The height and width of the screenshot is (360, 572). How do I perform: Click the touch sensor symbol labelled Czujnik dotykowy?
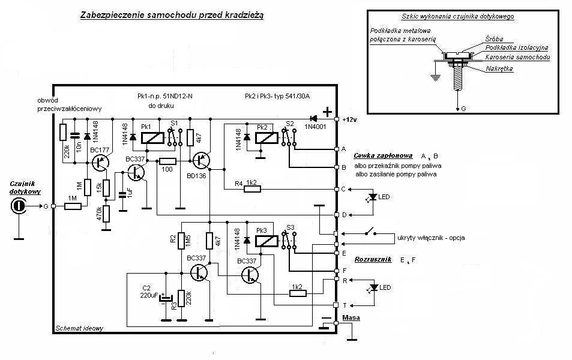17,206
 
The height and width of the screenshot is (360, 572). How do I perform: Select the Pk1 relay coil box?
152,138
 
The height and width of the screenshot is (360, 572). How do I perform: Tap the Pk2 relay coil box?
266,138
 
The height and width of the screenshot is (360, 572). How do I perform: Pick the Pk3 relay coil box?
266,241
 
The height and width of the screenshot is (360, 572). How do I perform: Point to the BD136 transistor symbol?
201,160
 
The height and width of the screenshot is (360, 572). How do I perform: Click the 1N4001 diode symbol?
313,119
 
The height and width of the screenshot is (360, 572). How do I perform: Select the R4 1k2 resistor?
252,189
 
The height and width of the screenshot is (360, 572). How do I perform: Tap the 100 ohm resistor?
168,161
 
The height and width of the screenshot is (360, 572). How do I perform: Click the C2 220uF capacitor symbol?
166,298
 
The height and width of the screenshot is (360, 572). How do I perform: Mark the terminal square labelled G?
53,206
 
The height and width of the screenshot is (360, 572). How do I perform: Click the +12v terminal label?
350,119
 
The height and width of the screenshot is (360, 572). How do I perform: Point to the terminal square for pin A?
336,149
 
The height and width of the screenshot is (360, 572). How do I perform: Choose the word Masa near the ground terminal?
351,317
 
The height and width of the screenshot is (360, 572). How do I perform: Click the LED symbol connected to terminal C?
373,197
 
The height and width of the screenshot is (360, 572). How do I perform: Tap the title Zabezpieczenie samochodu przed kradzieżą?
172,16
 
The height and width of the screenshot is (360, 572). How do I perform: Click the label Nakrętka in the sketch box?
499,68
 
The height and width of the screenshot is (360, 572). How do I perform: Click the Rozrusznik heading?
373,259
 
